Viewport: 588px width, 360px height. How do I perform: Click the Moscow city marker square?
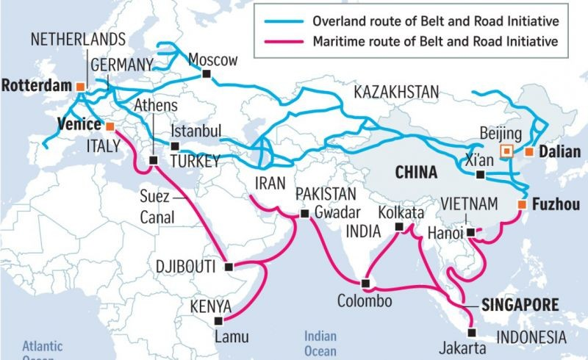[208, 74]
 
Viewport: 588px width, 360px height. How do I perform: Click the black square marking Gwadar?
[304, 214]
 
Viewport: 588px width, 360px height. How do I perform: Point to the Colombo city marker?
[365, 283]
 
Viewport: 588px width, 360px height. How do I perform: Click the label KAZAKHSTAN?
[396, 92]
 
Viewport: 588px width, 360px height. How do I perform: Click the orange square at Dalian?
[528, 152]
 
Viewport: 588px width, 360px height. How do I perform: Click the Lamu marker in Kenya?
[217, 320]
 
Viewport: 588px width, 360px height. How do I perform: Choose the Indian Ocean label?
[321, 343]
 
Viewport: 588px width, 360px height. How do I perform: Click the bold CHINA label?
[416, 173]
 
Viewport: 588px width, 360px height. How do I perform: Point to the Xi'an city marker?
[480, 175]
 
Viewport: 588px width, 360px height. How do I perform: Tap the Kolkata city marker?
[399, 228]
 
